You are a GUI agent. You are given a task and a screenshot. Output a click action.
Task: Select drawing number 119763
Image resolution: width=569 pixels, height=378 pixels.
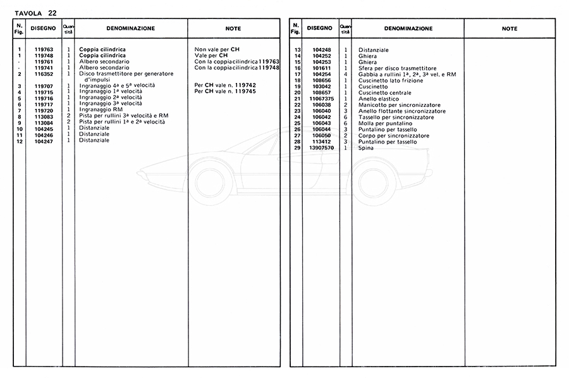tap(44, 49)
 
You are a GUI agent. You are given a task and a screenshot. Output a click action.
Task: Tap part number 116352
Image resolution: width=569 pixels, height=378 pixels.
tap(44, 73)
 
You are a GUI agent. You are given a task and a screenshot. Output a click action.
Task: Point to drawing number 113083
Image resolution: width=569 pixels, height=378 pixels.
tap(44, 117)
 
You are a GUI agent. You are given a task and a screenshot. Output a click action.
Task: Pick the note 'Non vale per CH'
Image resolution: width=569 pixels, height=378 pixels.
tap(217, 49)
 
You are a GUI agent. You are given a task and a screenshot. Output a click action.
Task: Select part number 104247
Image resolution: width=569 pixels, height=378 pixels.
tap(44, 141)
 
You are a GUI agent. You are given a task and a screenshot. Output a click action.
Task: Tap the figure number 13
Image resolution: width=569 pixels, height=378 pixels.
tap(297, 50)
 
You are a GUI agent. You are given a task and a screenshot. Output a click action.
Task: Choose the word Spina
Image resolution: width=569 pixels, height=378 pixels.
tap(366, 148)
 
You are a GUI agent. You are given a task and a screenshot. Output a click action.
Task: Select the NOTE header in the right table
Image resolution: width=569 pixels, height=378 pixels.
tap(509, 28)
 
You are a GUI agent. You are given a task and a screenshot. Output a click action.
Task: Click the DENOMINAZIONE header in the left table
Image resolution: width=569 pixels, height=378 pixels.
tap(130, 28)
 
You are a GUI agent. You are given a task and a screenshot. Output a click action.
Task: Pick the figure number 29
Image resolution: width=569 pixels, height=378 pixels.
tap(297, 148)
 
